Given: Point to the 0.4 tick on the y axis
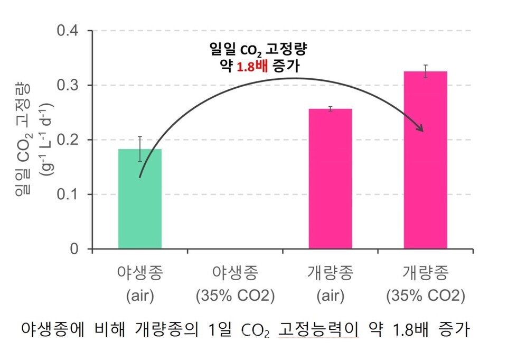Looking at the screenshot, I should [69, 31].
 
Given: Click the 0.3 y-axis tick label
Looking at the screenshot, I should [69, 85].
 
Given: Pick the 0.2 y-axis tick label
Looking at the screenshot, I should [69, 140].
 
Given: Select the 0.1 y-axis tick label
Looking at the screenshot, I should [69, 195].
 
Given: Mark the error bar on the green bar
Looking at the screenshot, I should [140, 149].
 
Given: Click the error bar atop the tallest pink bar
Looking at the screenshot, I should [425, 71].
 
